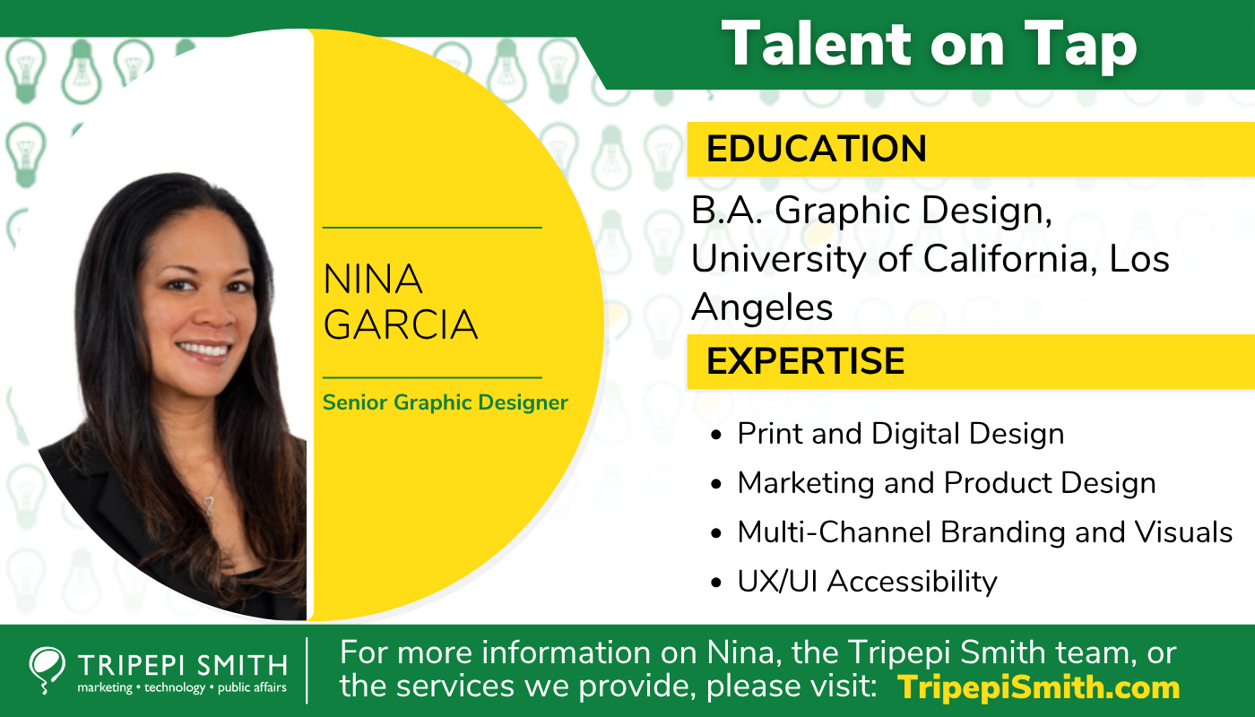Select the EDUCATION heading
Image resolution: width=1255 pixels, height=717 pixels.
click(x=816, y=149)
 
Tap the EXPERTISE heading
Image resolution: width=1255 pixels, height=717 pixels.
click(x=805, y=360)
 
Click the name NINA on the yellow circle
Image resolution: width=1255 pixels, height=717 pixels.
click(x=373, y=281)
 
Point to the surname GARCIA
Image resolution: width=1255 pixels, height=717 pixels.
click(x=400, y=325)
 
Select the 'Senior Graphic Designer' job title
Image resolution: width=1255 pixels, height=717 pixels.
click(x=446, y=402)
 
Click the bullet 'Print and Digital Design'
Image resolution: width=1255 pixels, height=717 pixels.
click(x=900, y=434)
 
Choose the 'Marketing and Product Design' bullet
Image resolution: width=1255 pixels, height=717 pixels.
click(x=946, y=483)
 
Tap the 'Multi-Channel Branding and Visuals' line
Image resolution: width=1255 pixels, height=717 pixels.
click(x=984, y=532)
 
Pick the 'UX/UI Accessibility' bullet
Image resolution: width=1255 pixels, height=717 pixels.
click(x=867, y=582)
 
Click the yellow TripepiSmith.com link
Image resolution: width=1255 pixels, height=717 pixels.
click(x=1038, y=687)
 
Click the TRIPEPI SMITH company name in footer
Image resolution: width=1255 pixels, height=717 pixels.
click(x=182, y=666)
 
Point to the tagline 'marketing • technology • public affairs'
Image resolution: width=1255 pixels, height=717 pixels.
click(x=182, y=688)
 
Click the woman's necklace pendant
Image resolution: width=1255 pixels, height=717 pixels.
click(x=210, y=507)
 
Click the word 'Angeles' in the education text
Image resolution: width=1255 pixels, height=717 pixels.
click(x=762, y=308)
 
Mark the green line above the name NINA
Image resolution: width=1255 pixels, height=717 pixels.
click(x=432, y=228)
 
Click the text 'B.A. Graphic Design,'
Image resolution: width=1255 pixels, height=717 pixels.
click(x=870, y=212)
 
